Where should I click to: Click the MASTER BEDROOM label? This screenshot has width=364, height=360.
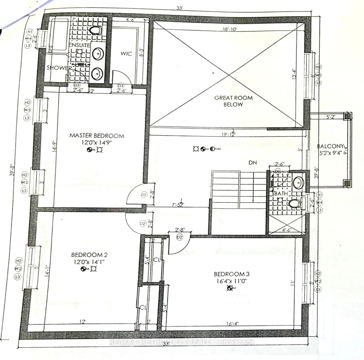97,136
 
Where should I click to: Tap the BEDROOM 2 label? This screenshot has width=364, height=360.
89,255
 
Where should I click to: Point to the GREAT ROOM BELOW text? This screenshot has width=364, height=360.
233,101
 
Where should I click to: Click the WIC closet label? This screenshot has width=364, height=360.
126,54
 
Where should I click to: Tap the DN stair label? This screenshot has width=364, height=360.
253,162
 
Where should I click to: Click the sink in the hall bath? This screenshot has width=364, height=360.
298,183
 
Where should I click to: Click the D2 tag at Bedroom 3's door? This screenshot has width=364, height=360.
179,237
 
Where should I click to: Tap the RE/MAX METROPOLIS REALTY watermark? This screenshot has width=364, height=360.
182,342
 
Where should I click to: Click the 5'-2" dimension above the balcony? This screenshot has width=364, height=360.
331,118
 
